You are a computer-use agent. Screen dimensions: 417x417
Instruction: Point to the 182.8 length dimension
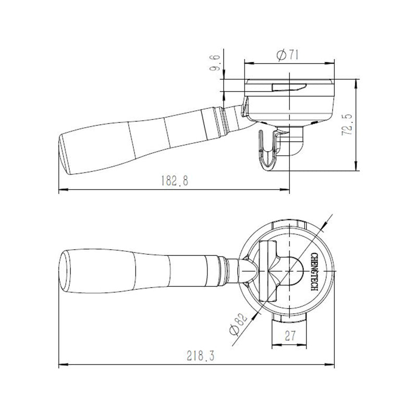(x=173, y=181)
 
